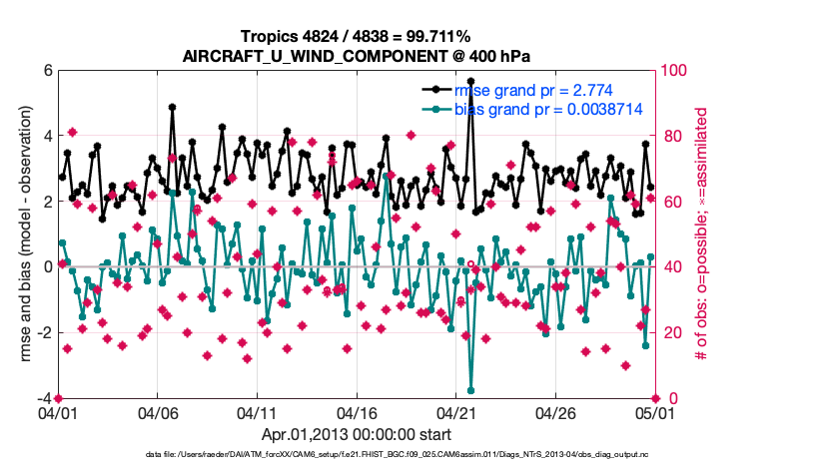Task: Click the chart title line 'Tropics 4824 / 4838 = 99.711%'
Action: click(x=356, y=37)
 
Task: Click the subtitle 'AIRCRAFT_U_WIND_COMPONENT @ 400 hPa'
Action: click(x=356, y=56)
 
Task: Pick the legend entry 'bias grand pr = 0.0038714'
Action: click(x=548, y=109)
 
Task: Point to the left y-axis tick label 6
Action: click(x=47, y=71)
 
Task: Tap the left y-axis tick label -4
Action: click(x=44, y=398)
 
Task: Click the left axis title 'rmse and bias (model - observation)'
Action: click(x=26, y=234)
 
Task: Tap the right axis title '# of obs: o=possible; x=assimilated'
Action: click(x=701, y=234)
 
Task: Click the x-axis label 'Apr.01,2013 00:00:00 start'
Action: click(x=356, y=434)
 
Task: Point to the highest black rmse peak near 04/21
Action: click(x=470, y=82)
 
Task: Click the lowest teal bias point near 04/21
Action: click(x=470, y=391)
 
